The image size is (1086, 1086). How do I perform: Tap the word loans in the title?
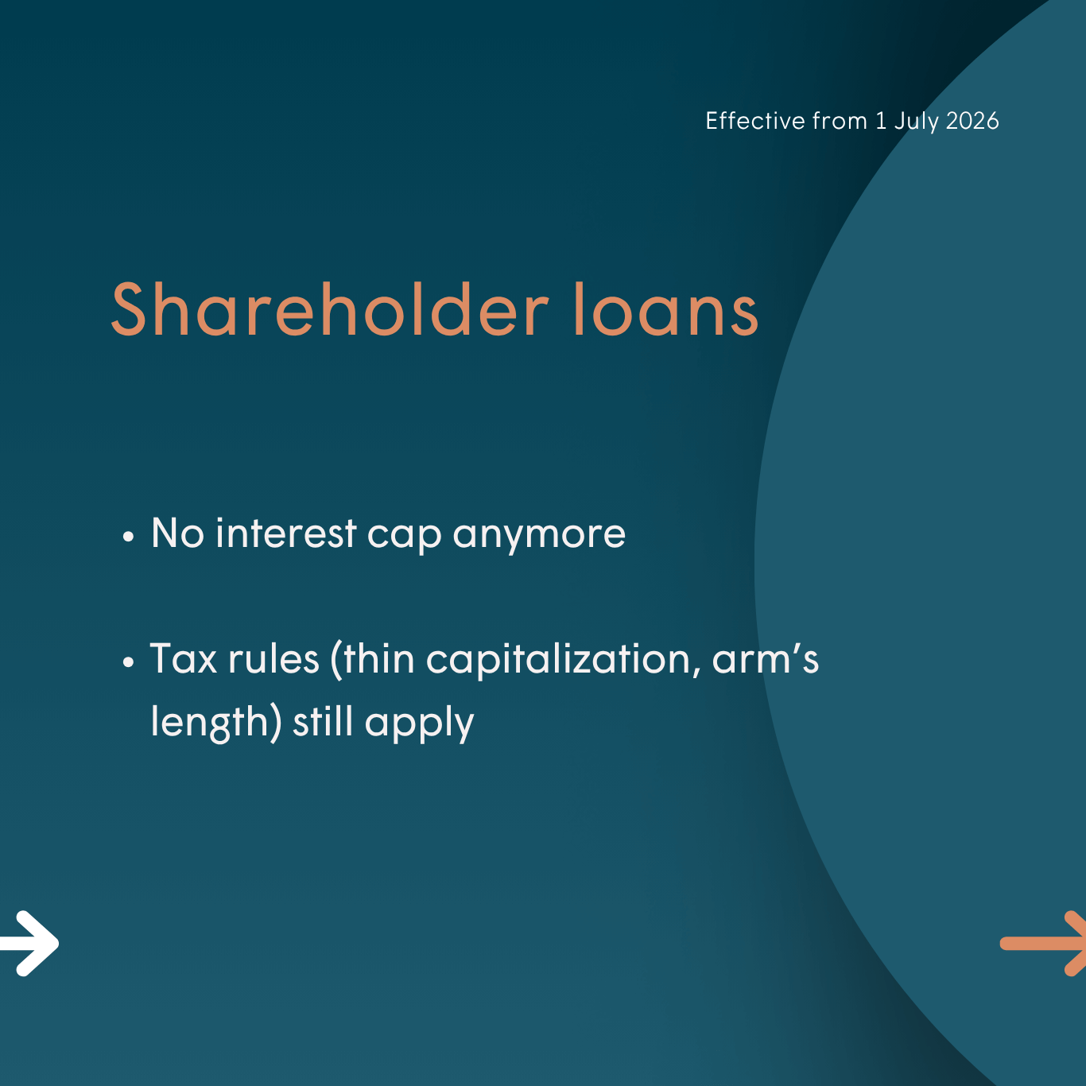(x=667, y=309)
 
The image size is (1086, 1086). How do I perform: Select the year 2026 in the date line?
(x=972, y=121)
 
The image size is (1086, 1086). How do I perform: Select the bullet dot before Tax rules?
(x=129, y=662)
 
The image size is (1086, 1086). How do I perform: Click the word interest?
(x=286, y=533)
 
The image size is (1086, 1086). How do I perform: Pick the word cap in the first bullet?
(x=405, y=537)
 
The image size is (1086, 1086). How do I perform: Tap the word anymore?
(x=539, y=537)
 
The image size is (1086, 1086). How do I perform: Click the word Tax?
(x=184, y=658)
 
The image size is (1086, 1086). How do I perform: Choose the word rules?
(x=274, y=658)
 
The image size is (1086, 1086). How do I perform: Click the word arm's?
(x=766, y=658)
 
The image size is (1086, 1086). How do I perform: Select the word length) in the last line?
(x=215, y=723)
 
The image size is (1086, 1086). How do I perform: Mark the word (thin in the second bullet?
(x=373, y=659)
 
